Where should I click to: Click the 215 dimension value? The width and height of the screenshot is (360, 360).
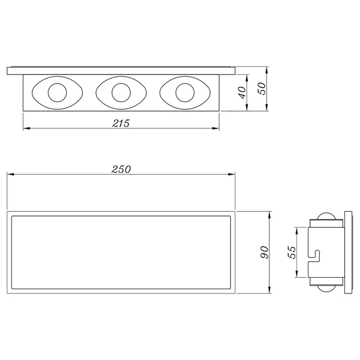point(121,123)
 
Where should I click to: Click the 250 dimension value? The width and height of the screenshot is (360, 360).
point(121,169)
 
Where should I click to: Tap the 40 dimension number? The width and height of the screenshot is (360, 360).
point(242,92)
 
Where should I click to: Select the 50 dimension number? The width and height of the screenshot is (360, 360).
point(262,88)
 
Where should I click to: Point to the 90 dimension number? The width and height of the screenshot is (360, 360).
point(265,252)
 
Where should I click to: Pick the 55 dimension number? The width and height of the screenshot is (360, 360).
point(292,253)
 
